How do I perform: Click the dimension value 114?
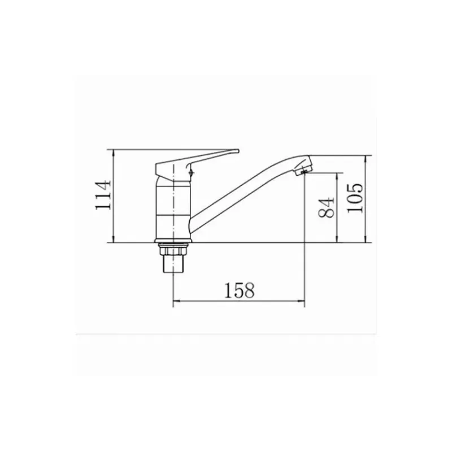[103, 195]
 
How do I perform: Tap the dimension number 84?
[327, 207]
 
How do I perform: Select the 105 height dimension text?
[355, 198]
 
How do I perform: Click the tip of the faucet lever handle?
[238, 151]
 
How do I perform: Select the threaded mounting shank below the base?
[173, 264]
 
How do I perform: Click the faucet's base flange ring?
[173, 241]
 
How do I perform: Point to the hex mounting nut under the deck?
[173, 249]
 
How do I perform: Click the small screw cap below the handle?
[191, 173]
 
